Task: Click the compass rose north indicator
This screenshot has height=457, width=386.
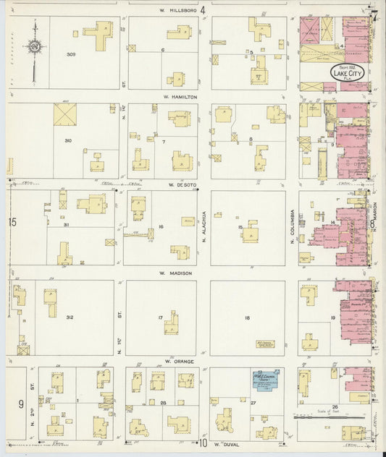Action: pos(34,48)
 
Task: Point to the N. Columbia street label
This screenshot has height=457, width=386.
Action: pos(293,224)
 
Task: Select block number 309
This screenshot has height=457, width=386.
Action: pos(71,54)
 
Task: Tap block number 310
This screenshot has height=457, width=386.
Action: pos(68,140)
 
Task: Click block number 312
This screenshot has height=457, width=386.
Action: pos(70,317)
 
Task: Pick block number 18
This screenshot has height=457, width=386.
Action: pos(247,317)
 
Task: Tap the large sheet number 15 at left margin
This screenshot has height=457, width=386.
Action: pos(12,222)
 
